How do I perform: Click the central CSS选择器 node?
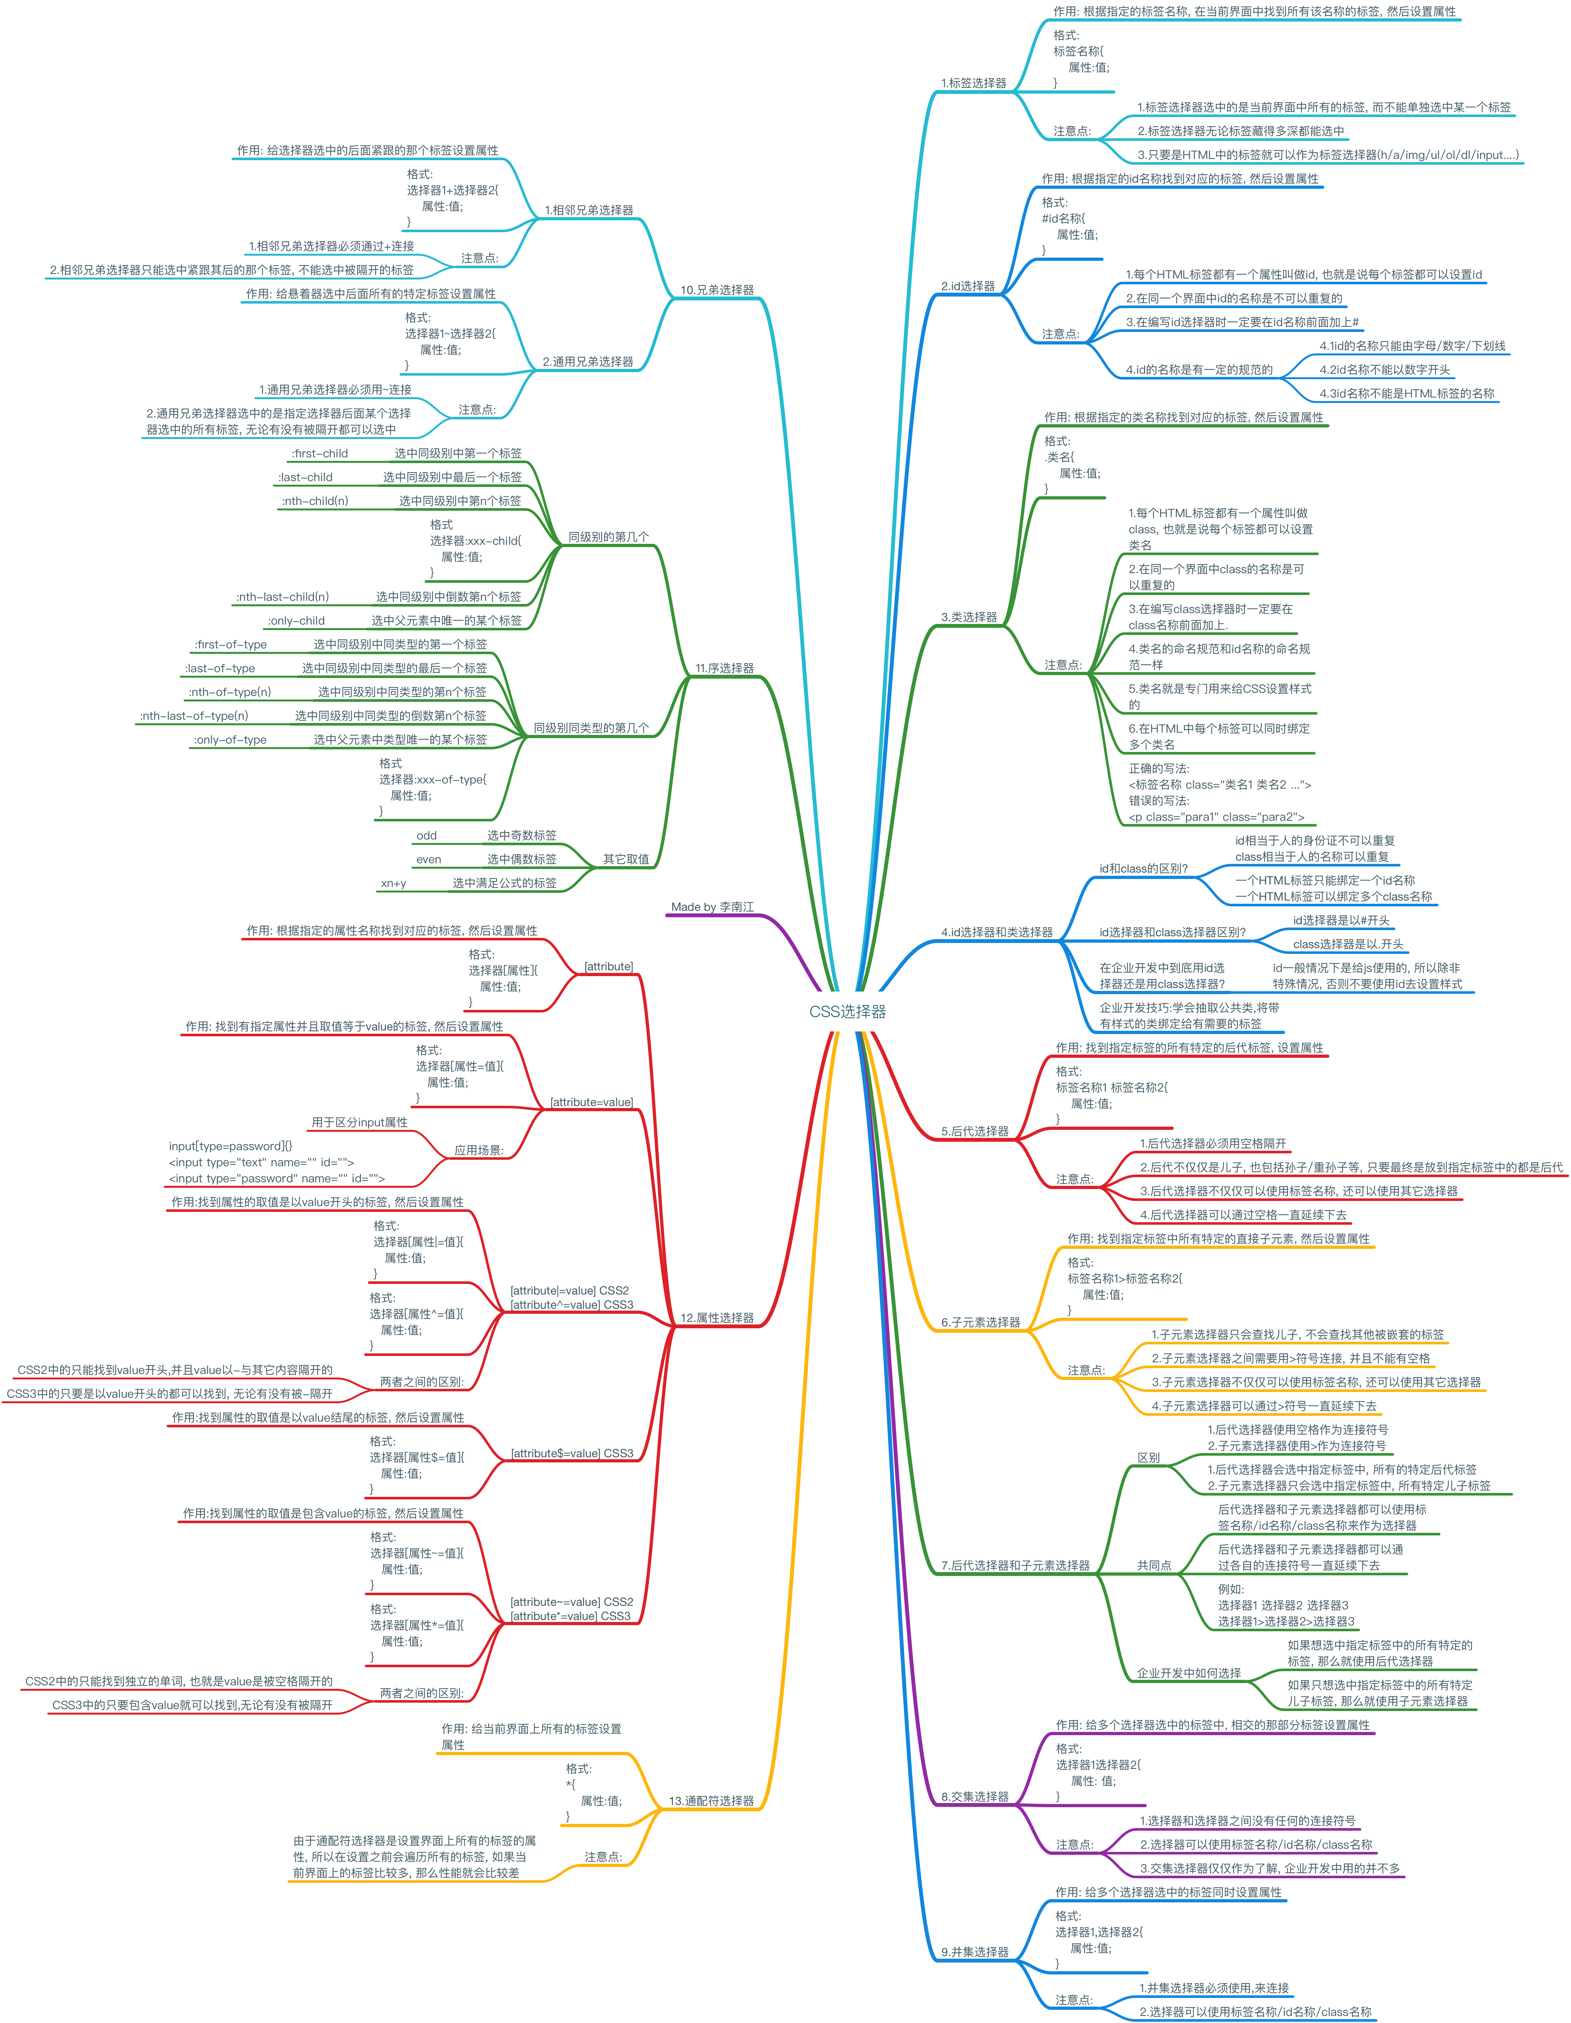tap(848, 1011)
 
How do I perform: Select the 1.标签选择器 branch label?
tap(974, 83)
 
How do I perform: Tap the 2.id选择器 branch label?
tap(968, 286)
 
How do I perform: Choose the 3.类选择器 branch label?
tap(969, 617)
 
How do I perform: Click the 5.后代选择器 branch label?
tap(974, 1131)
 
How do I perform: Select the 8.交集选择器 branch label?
tap(974, 1796)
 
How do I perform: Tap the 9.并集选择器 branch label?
tap(974, 1952)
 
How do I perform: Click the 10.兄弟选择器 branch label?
tap(717, 290)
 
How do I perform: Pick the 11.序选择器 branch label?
tap(724, 668)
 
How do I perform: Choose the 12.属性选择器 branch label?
tap(717, 1317)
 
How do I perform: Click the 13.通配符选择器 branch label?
tap(712, 1801)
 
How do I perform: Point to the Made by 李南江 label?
tap(712, 907)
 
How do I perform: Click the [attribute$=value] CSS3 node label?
tap(572, 1453)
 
